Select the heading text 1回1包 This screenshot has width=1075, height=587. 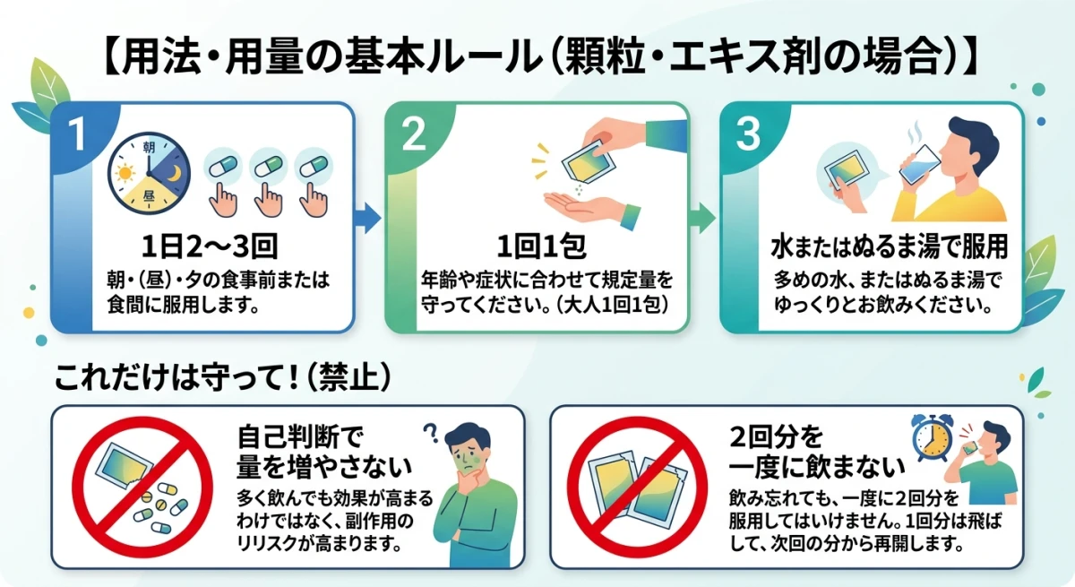[537, 246]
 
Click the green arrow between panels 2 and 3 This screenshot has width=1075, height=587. [702, 215]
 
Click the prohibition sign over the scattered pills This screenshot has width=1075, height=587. [142, 488]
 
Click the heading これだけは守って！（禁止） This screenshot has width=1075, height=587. [224, 377]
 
